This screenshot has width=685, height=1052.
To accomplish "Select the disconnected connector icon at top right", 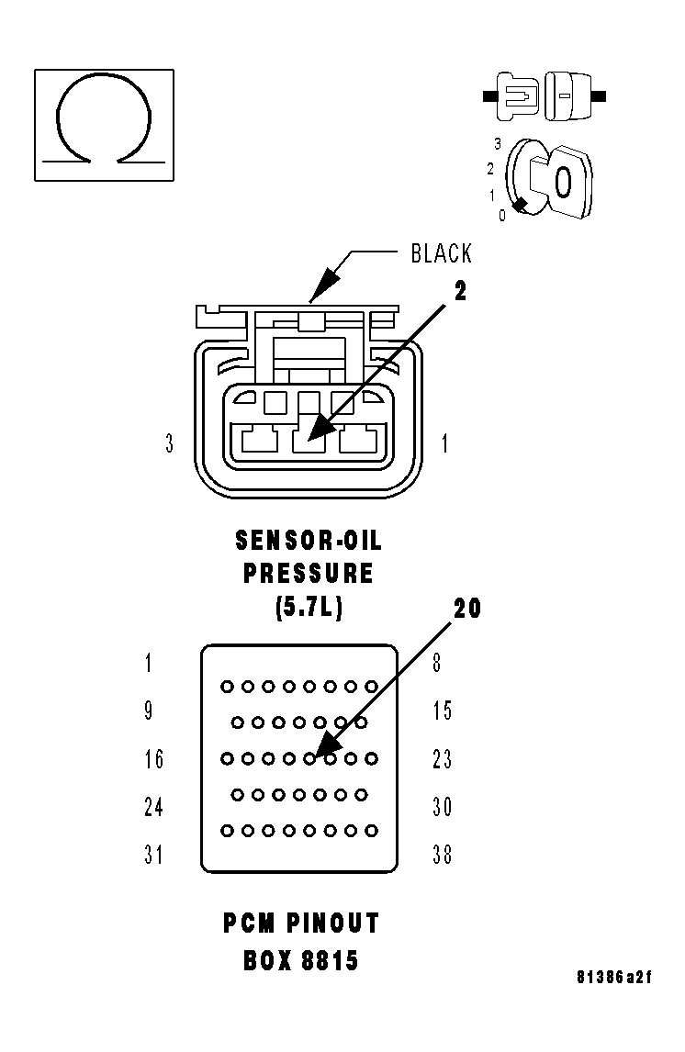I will coord(545,95).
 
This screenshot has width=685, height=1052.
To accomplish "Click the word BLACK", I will coord(441,254).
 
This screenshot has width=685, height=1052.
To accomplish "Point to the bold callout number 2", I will coord(460,291).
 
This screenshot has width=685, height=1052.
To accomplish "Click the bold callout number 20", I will coord(467,608).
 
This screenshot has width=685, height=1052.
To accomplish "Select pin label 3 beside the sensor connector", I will coord(169,444).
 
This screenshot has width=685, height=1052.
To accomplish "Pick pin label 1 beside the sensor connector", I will coord(445,444).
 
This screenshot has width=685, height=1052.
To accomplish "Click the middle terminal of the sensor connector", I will coord(309,438).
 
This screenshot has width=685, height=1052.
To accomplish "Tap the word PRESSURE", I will coord(309,574).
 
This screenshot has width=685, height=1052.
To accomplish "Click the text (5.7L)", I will coord(309,607).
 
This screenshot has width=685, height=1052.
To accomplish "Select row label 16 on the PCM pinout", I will coord(153,759).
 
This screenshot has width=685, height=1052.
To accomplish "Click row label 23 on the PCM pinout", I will coord(443,759).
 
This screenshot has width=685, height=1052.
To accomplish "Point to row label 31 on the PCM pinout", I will coord(153,855).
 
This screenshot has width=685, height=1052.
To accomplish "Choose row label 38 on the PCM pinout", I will coord(443,855).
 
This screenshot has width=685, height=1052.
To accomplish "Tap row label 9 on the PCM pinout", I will coord(149,711).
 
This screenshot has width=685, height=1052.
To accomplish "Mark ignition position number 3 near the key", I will coord(497,144).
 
